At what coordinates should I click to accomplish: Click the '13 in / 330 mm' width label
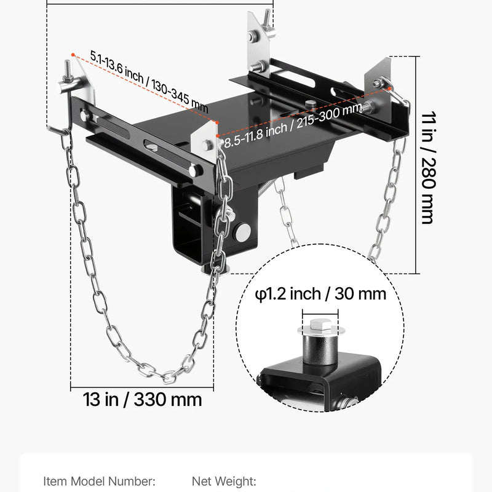(x=143, y=399)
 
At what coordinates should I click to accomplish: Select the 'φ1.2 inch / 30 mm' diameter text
(x=320, y=293)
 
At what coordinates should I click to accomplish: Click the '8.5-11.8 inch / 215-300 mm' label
(x=293, y=126)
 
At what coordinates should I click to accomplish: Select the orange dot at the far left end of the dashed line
(x=73, y=55)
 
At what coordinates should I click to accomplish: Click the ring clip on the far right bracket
(x=390, y=85)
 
